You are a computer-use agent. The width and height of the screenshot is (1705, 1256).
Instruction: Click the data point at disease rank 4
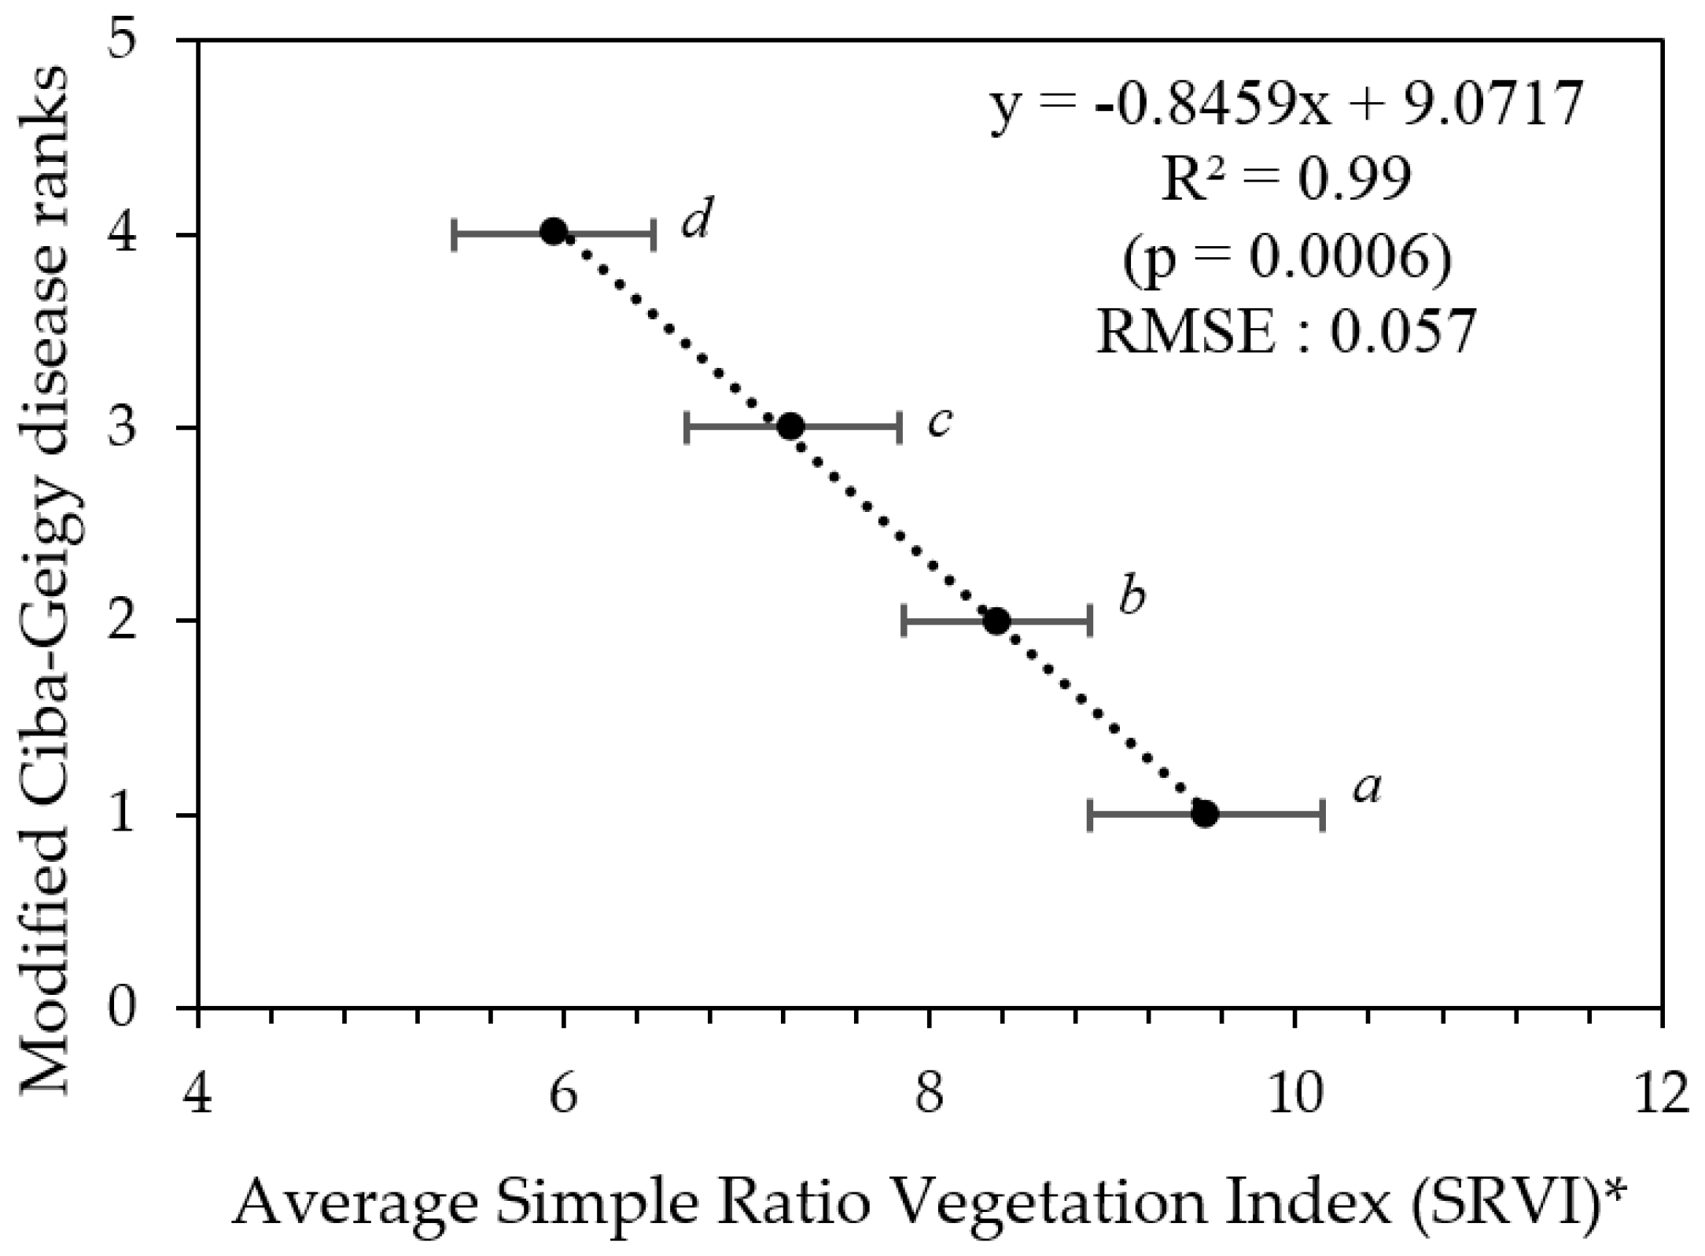coord(554,232)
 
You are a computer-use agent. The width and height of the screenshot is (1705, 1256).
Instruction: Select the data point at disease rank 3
coord(790,426)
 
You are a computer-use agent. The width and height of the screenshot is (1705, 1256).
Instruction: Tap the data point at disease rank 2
coord(996,621)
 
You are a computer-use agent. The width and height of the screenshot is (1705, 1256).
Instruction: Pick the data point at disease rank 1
coord(1205,814)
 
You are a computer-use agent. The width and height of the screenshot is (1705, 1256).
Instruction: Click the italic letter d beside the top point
coord(697,219)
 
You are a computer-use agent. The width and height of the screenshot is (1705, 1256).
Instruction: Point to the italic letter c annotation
coord(940,422)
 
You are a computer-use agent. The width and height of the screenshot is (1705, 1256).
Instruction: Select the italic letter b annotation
coord(1132,597)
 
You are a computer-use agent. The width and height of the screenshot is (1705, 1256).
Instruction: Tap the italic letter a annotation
coord(1368,788)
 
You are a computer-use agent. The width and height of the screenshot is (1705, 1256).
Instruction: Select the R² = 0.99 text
coord(1285,179)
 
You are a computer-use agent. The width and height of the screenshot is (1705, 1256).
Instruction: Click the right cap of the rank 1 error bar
coord(1324,815)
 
